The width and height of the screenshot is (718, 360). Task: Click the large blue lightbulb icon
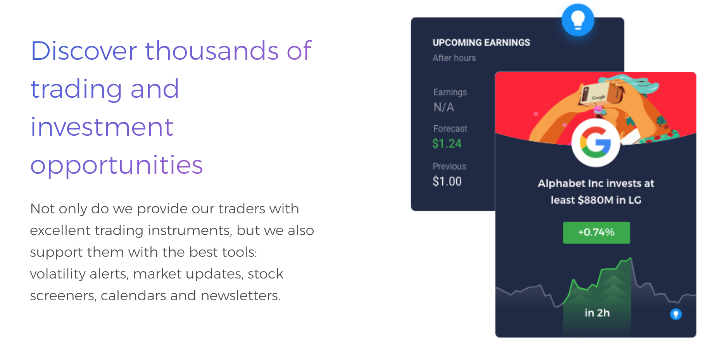(x=578, y=20)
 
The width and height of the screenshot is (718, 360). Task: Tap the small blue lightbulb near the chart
(x=676, y=314)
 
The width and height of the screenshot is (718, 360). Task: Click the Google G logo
(x=596, y=143)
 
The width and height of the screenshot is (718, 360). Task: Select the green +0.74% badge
(x=596, y=233)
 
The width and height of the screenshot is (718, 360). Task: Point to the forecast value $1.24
(x=447, y=144)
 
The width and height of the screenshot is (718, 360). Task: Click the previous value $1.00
(x=447, y=181)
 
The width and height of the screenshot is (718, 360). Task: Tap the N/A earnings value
(x=444, y=107)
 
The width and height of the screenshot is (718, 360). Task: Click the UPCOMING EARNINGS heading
(x=481, y=43)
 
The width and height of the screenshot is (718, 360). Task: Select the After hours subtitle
(x=454, y=58)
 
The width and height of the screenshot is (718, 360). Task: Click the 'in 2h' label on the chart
(x=597, y=313)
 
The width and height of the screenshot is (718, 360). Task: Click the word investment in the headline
(x=102, y=127)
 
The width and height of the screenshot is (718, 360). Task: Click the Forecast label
(x=450, y=128)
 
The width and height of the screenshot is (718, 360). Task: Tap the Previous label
(x=449, y=166)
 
